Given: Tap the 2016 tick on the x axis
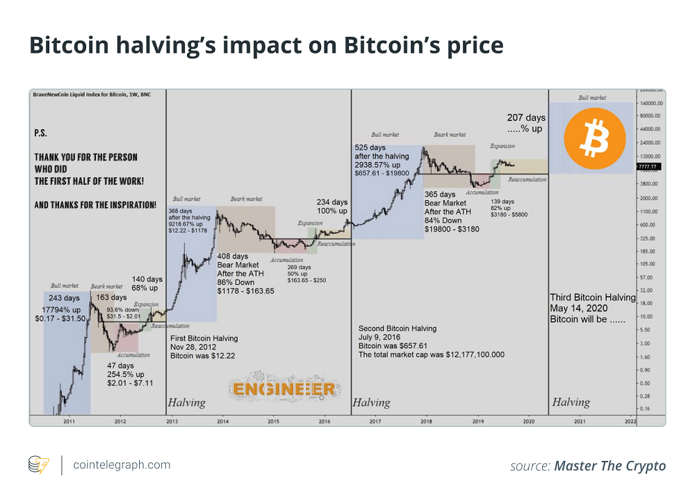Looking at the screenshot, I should pos(324,421).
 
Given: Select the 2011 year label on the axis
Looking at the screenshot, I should pos(69,421).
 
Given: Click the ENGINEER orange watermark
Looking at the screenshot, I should pos(284,389).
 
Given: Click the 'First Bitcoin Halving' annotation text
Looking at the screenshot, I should pos(204,339).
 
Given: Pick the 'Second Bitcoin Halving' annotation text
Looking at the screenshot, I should pos(398,328).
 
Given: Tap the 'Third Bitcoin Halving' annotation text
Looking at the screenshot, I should pos(593,298).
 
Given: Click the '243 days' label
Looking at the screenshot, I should pos(64,298).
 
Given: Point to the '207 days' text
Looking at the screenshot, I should pos(525,118).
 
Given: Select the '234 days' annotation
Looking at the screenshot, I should pos(332,202).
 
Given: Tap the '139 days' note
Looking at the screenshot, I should pos(502,201).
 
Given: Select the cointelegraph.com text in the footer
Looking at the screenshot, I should pos(122,464).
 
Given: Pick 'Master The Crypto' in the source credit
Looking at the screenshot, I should pos(610,466).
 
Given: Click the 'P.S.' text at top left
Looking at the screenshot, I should pos(41,132).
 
